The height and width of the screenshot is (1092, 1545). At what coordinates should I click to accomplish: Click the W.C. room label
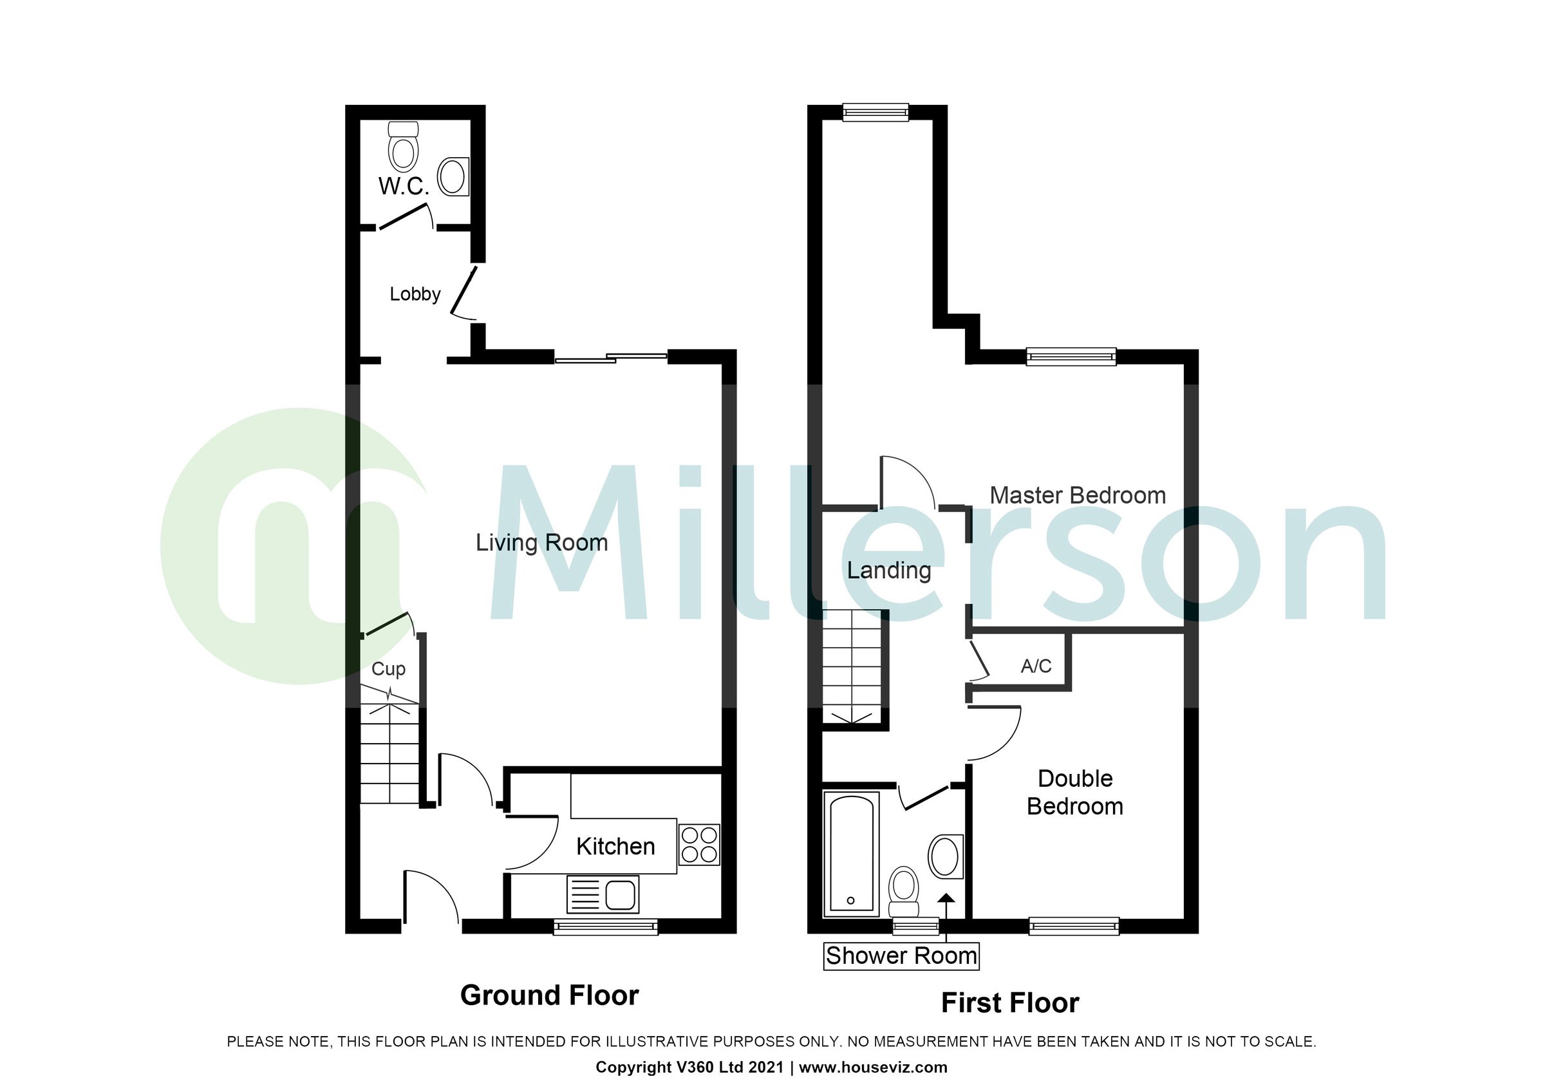(403, 186)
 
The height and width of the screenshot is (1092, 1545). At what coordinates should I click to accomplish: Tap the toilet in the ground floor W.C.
(404, 147)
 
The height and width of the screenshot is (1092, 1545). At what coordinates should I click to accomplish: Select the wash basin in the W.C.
(453, 176)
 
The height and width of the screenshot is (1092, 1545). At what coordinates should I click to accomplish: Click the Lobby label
(415, 294)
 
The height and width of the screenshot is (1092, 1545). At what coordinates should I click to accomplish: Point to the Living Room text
(541, 542)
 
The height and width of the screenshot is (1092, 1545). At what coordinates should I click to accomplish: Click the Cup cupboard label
(388, 669)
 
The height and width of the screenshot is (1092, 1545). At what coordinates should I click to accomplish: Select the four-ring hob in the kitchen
(698, 845)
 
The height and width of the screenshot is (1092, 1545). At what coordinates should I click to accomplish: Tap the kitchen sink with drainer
(603, 894)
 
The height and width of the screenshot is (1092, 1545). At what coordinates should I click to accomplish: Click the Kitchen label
(615, 847)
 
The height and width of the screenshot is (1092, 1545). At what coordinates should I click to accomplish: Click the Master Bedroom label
(1078, 495)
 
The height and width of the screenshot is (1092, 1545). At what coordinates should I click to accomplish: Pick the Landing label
(889, 570)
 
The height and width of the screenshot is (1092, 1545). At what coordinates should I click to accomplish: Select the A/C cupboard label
(1036, 666)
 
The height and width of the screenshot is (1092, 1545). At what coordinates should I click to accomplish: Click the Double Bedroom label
(1074, 792)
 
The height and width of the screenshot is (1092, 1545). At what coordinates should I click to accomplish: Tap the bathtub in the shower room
(852, 854)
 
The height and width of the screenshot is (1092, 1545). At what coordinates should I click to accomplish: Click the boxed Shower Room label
(901, 955)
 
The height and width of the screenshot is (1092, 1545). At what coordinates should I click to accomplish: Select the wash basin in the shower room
(946, 856)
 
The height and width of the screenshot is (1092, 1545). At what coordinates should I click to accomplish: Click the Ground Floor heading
(549, 995)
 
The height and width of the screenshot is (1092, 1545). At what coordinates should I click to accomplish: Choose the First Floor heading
(1009, 1003)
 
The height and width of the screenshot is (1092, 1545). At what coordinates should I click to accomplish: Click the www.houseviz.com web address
(873, 1067)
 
